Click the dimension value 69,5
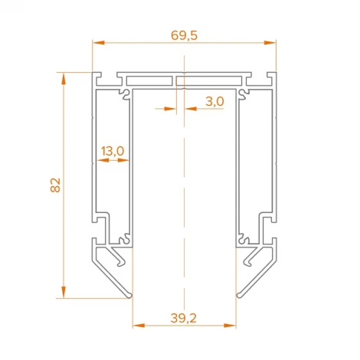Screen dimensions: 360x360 pyautogui.click(x=184, y=35)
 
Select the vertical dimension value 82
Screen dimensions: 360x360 pyautogui.click(x=54, y=185)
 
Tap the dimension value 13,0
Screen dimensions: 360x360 pyautogui.click(x=112, y=152)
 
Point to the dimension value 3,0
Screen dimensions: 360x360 pyautogui.click(x=214, y=100)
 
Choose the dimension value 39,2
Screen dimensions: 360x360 pyautogui.click(x=183, y=316)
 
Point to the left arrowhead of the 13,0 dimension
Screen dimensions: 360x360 pyautogui.click(x=97, y=162)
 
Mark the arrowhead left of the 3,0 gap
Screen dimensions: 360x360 pyautogui.click(x=173, y=109)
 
